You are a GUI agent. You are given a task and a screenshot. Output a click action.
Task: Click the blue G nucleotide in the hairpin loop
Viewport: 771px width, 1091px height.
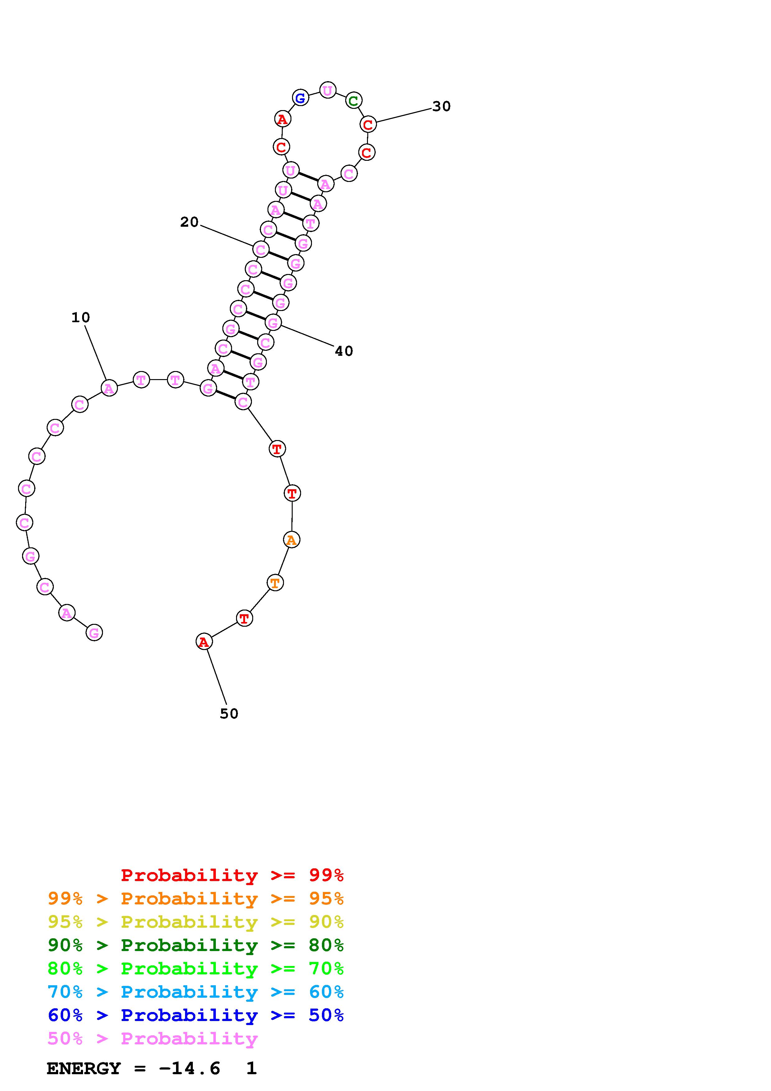(x=300, y=98)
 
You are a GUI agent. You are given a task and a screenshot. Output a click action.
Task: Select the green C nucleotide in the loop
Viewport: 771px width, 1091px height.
(x=353, y=100)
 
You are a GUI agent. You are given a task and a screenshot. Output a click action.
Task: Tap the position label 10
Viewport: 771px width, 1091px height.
(x=81, y=318)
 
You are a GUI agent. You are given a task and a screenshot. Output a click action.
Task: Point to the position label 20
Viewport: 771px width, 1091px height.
(x=189, y=222)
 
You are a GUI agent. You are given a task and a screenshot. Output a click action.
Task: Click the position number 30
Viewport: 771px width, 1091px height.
(x=441, y=106)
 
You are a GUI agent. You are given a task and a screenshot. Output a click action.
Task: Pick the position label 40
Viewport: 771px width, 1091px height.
(x=344, y=351)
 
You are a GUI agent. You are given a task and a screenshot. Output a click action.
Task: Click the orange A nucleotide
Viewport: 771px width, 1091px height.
(x=292, y=540)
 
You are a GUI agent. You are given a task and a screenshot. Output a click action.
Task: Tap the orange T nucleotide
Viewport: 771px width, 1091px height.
(x=275, y=582)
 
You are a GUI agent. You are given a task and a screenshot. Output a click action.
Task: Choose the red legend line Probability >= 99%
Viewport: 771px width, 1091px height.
(x=232, y=875)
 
